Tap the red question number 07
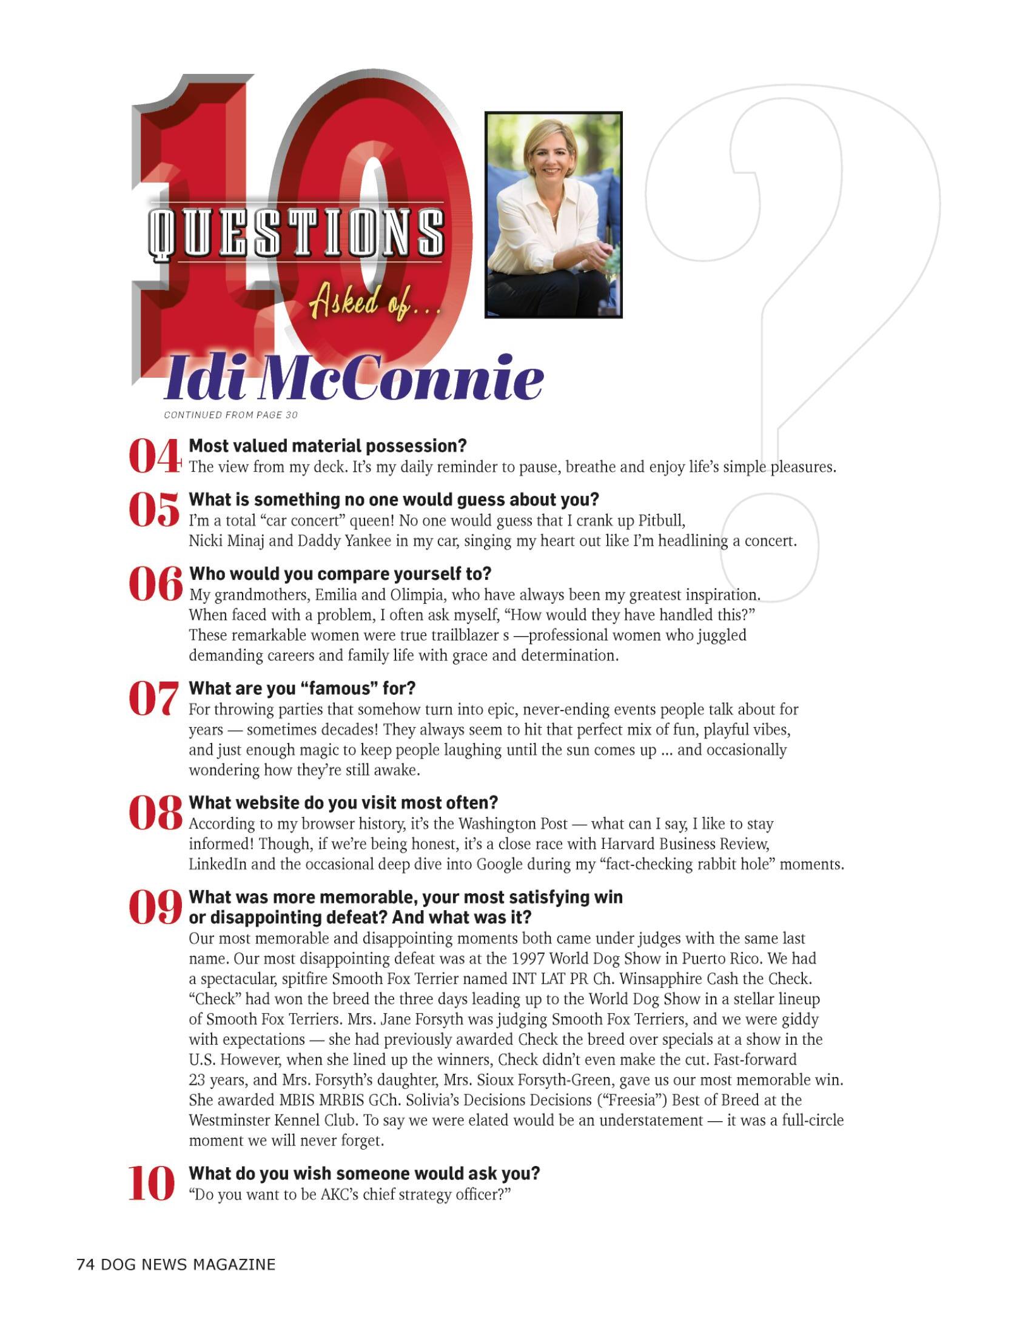[154, 699]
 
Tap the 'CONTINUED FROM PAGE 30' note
[231, 415]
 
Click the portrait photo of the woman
[553, 215]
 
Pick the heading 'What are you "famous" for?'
[302, 688]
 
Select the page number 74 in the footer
[85, 1264]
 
